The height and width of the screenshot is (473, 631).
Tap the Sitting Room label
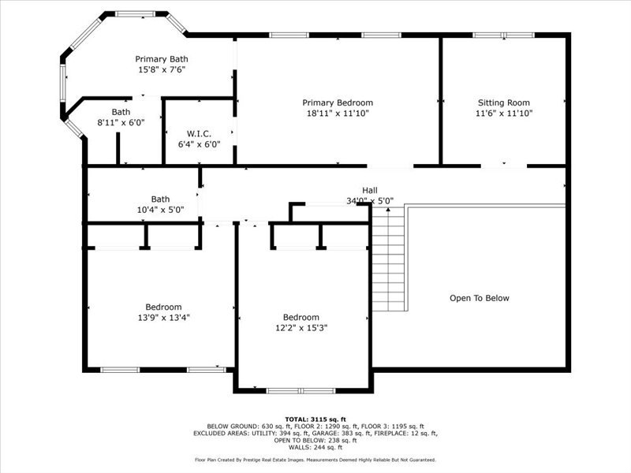pos(503,102)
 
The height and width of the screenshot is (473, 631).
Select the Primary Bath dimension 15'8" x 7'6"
pos(162,69)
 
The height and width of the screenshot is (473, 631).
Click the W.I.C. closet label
pos(199,133)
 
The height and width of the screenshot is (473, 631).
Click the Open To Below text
pos(480,298)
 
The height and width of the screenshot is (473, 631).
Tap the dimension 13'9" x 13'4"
pos(163,318)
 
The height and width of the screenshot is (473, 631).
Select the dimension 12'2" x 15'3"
pos(301,328)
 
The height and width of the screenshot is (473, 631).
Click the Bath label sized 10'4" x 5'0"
pos(160,199)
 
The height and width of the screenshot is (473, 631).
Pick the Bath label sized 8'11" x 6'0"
pos(121,112)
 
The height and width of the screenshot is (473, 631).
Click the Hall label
pos(369,190)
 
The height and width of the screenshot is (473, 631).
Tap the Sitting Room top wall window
pos(503,35)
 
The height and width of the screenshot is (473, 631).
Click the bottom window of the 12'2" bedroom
pos(301,390)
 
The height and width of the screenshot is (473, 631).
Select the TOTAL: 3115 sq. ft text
pos(315,419)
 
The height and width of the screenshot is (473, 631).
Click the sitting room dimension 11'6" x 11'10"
pos(503,114)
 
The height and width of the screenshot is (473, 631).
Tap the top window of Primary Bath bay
pos(136,13)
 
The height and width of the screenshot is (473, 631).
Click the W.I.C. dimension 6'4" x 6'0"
pos(199,144)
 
